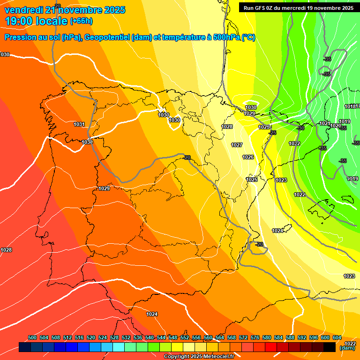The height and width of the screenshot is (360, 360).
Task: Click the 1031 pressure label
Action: tap(79, 124)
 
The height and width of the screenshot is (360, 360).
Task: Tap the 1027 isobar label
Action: tap(237, 145)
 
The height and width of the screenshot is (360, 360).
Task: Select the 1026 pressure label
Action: tap(248, 157)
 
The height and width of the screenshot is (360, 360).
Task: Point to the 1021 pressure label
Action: tap(324, 123)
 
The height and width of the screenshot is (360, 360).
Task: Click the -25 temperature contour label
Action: tap(272, 133)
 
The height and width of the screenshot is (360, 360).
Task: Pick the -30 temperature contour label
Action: tap(300, 128)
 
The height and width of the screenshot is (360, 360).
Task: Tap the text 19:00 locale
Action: tap(36, 21)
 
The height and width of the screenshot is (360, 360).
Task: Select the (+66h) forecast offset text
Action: tap(81, 21)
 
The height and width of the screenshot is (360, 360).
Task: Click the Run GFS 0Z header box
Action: tap(296, 7)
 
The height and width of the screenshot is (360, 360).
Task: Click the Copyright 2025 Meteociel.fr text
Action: tap(199, 357)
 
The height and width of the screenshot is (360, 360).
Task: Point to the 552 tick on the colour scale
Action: tap(185, 337)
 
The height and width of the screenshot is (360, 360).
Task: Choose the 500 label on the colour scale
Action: tap(32, 337)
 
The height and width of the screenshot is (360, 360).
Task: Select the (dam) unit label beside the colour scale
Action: tap(347, 348)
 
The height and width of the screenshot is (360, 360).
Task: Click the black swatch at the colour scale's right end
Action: tap(330, 347)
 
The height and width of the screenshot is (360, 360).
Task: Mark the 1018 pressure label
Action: tap(350, 106)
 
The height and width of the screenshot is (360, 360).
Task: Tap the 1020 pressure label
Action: tap(335, 126)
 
